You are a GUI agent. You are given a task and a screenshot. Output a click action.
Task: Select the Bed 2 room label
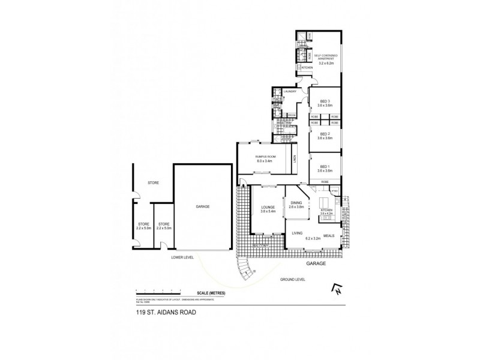click(x=325, y=134)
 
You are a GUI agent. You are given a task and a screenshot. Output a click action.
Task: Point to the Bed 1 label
click(x=325, y=166)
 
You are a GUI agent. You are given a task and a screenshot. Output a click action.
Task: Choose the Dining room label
click(x=296, y=203)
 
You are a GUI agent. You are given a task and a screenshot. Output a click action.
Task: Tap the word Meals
click(x=329, y=235)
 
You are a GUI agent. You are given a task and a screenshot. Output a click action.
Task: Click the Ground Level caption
click(x=293, y=280)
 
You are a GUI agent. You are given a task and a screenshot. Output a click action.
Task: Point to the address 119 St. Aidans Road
click(x=166, y=312)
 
